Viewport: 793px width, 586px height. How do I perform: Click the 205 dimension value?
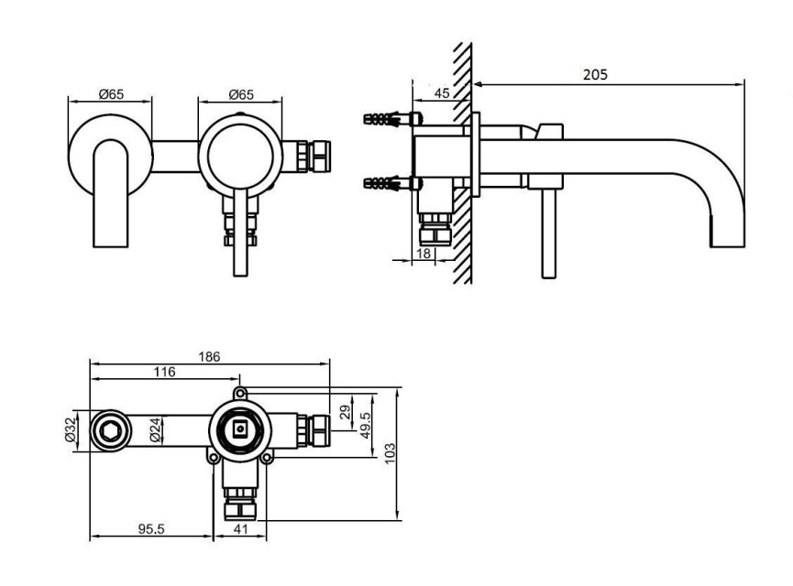coord(595,75)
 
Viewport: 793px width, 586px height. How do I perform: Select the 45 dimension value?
coord(442,93)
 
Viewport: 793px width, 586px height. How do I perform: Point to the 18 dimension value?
coord(424,253)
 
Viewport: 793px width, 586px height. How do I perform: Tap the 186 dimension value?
coord(209,357)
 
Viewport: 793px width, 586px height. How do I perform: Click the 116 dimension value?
coord(164,373)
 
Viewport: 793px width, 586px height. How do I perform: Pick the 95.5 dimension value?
coord(151,529)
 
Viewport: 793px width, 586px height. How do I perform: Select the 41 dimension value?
coord(240,529)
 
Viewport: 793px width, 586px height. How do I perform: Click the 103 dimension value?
coord(390,453)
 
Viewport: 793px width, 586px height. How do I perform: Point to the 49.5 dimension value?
coord(366,425)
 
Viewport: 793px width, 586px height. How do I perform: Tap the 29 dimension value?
coord(346,412)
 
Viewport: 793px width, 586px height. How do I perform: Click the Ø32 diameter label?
coord(71,430)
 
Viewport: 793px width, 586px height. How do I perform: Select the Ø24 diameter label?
coord(156,430)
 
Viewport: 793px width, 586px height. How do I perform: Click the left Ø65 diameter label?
coord(111,94)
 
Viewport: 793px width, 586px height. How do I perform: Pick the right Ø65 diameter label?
coord(241,94)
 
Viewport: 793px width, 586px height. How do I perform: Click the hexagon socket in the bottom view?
coord(109,431)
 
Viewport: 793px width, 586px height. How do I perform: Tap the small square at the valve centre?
coord(239,430)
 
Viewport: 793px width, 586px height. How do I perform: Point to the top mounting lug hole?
coord(240,393)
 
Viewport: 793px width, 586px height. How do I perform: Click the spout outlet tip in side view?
coord(727,246)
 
